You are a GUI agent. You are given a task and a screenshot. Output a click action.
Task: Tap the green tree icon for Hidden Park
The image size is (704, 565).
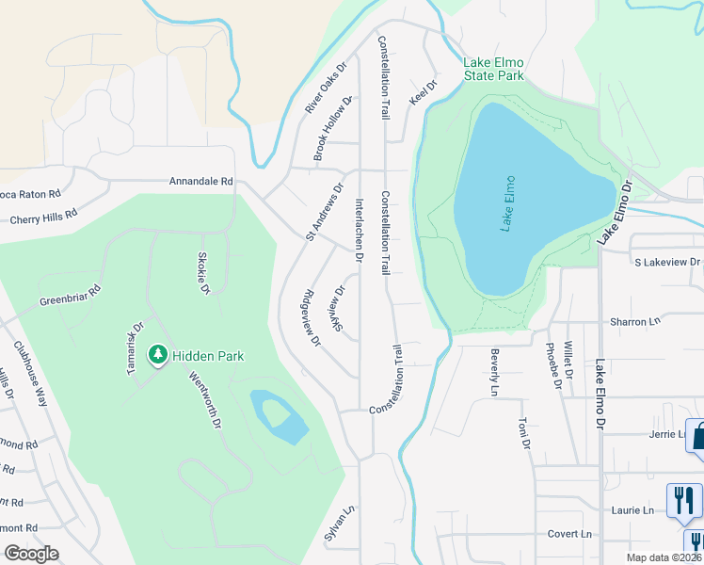point(158,355)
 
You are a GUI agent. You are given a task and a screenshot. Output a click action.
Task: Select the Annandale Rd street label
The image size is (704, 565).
point(200,181)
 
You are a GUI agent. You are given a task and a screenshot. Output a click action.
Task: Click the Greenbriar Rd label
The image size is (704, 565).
point(69,297)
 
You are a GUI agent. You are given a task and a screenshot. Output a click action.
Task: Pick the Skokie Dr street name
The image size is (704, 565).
point(202,273)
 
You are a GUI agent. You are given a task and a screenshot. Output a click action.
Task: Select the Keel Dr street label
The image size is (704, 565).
point(424,92)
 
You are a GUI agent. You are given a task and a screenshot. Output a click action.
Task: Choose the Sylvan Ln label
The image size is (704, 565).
point(347,521)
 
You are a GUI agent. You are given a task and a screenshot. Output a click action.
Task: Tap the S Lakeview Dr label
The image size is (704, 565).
point(667,262)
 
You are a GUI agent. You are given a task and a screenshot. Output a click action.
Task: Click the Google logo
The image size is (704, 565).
point(31,554)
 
